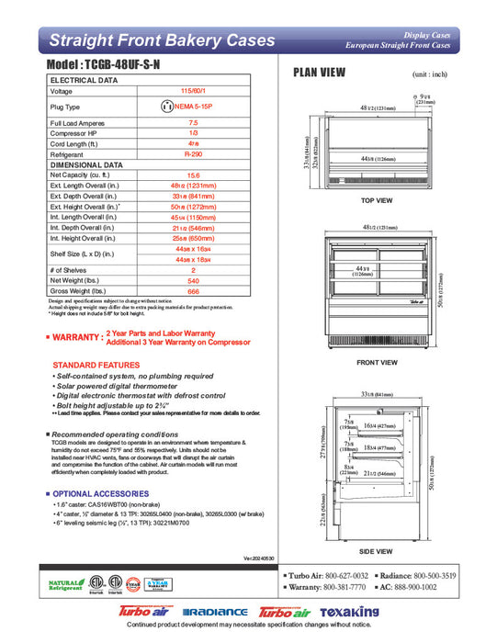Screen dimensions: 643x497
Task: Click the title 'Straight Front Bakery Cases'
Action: click(x=161, y=40)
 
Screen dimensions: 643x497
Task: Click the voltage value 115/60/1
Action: click(x=193, y=91)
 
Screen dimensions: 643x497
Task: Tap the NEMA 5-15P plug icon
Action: click(x=167, y=107)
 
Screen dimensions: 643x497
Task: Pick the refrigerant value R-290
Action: click(x=193, y=155)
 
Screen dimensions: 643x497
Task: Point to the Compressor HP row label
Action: click(x=76, y=133)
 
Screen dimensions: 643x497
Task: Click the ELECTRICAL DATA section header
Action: click(x=84, y=81)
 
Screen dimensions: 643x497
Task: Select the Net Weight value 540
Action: click(x=193, y=281)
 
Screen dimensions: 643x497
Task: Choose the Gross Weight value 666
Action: click(x=193, y=291)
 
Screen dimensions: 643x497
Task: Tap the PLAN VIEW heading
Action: click(x=319, y=73)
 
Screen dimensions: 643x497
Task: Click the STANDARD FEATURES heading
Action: click(x=96, y=365)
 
